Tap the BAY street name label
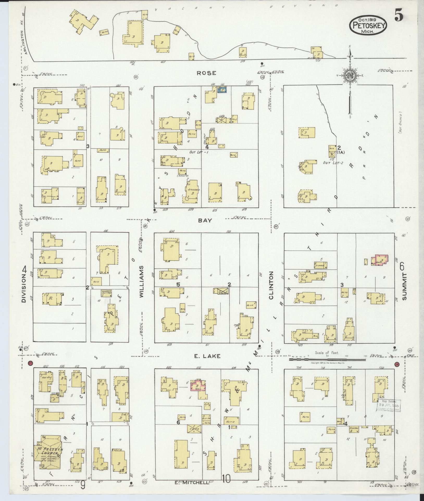(205, 220)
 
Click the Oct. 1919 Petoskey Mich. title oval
(368, 24)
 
